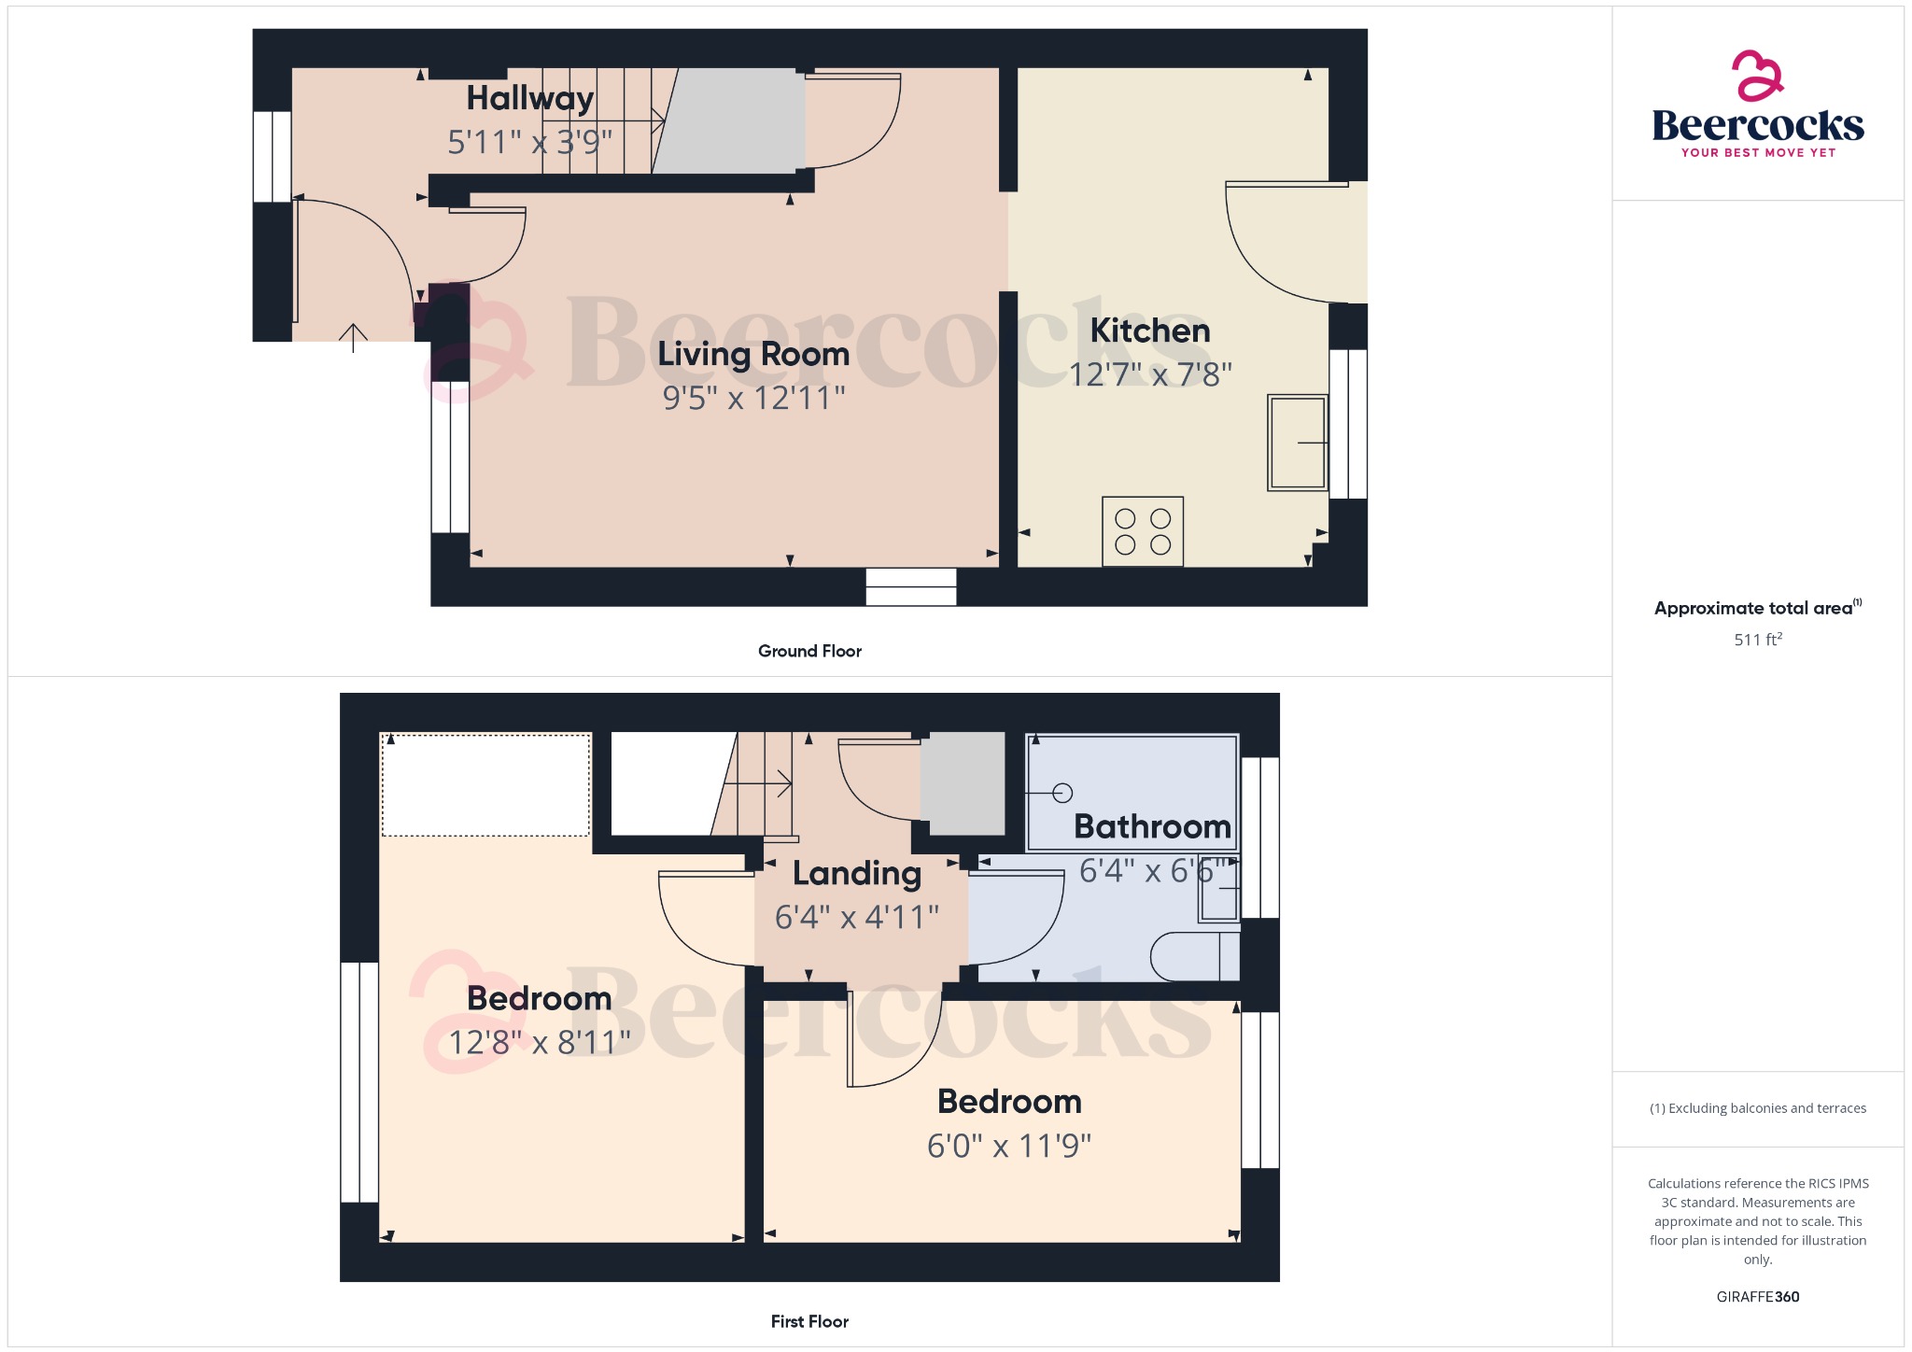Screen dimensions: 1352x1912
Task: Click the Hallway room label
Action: [529, 99]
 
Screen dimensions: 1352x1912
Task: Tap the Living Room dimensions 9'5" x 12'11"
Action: [753, 399]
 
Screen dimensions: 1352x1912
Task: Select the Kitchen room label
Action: [1149, 331]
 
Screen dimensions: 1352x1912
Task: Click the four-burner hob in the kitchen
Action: [1143, 531]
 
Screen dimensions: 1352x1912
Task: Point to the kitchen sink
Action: [1297, 443]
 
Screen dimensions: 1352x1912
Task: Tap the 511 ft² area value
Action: [1758, 640]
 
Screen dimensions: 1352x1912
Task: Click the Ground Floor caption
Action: [809, 651]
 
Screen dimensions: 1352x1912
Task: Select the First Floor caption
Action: [809, 1321]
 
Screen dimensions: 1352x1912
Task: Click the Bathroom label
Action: [1152, 826]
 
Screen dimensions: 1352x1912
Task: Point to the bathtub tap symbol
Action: [1061, 793]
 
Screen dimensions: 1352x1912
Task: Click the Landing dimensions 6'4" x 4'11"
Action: [856, 917]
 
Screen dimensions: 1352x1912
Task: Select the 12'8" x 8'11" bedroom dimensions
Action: [540, 1042]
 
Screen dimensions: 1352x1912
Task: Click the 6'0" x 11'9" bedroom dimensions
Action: [1009, 1146]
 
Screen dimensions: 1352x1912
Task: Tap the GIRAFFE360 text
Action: [1758, 1297]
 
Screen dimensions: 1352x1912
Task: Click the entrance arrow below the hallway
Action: [353, 336]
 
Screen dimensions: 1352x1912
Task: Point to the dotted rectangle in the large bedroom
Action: [485, 785]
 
